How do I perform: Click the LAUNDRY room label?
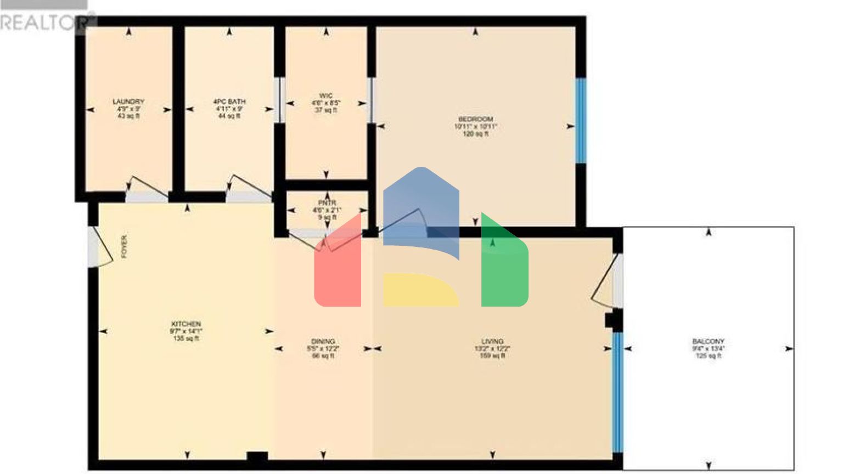tap(128, 102)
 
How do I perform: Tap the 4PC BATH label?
tap(229, 102)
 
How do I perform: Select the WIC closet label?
tap(326, 96)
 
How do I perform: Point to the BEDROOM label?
tap(476, 120)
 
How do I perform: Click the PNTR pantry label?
tap(327, 203)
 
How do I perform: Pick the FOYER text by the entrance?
tap(124, 247)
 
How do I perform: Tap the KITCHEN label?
tap(186, 324)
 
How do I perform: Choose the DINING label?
tap(323, 342)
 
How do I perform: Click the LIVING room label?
tap(492, 342)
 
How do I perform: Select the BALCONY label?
tap(708, 342)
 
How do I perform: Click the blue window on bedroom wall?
tap(581, 121)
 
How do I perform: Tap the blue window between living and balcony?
tap(617, 392)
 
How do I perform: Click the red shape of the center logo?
tap(338, 269)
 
